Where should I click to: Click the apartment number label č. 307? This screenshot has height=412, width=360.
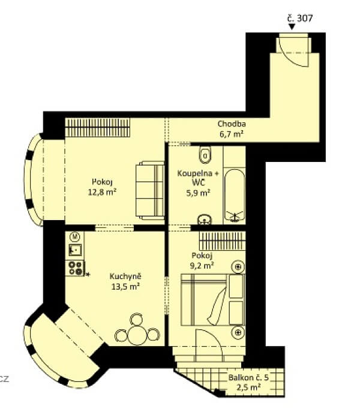point(300,18)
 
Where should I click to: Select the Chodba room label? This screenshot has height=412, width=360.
point(232,124)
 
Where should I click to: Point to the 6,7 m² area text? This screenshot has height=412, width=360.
point(232,134)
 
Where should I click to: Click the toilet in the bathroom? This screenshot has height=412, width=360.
point(205,155)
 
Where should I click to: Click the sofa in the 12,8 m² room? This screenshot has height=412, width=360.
point(149,189)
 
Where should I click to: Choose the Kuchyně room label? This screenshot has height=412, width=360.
point(125,276)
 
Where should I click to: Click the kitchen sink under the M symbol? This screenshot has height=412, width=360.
point(76,250)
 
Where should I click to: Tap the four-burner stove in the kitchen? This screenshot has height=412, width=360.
point(76,268)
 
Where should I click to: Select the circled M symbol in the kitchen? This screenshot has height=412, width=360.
point(75,236)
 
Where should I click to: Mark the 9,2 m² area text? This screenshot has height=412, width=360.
point(202,264)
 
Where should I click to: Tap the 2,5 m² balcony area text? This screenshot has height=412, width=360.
point(248,388)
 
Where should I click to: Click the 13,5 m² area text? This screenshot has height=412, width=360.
point(125,286)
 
